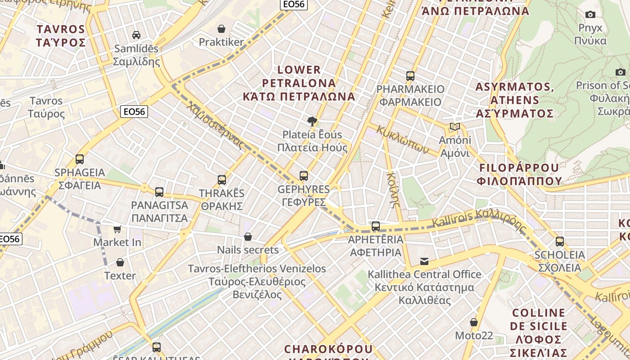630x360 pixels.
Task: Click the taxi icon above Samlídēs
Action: pos(136,35)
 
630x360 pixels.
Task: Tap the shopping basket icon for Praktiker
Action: pos(221,29)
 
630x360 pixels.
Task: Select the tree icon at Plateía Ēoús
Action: pos(311,121)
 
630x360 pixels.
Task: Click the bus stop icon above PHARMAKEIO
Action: pos(410,76)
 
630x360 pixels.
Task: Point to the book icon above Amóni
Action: pos(455,127)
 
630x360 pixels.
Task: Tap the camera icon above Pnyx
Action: pos(590,14)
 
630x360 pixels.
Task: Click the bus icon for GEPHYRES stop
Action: pos(304,175)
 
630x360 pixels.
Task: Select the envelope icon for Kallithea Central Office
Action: pos(424,261)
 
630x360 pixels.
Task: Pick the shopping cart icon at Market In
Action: pos(117,229)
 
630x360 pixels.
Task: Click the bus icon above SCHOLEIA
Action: pos(560,241)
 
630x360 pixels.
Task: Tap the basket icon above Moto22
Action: pos(474,322)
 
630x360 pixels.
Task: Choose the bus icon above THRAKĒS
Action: pos(222,180)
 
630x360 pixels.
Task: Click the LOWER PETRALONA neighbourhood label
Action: pos(299,83)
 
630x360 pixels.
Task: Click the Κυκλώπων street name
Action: pos(403,139)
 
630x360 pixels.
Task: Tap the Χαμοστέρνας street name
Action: pos(216,126)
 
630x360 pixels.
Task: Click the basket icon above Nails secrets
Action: pos(248,237)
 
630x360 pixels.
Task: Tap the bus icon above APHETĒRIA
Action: pos(376,226)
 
